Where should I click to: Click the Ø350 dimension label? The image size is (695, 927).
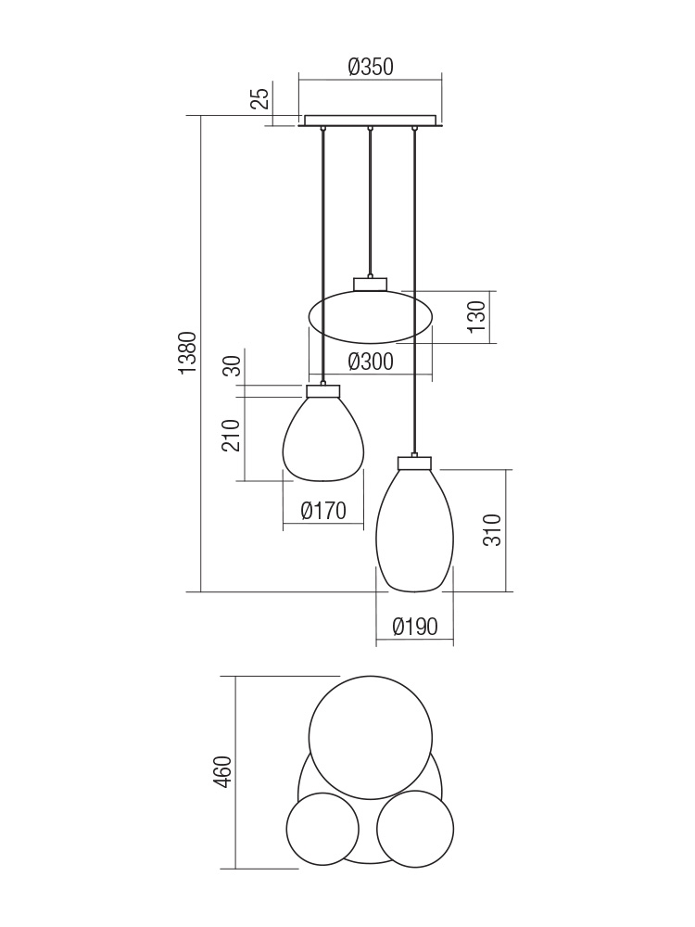coord(371,67)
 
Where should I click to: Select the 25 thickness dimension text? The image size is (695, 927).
coord(260,97)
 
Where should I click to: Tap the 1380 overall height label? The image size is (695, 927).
coord(187,353)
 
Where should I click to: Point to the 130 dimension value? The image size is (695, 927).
coord(477,316)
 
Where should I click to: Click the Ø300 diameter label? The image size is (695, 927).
coord(371,362)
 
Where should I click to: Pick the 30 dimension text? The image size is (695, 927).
coord(234,365)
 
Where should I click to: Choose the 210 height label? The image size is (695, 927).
coord(231,436)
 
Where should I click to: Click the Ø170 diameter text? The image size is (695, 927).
coord(322,510)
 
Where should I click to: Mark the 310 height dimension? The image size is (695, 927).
coord(492,529)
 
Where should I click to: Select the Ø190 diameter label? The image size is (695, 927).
coord(415,626)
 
